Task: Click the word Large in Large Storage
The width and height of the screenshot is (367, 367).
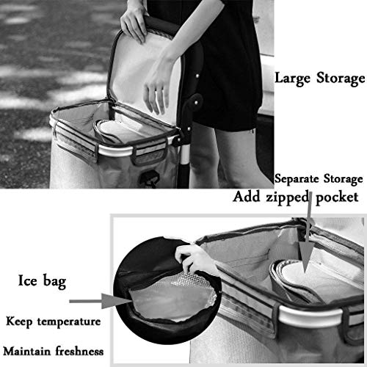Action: tap(292, 77)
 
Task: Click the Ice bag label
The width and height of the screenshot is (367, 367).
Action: tap(43, 280)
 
